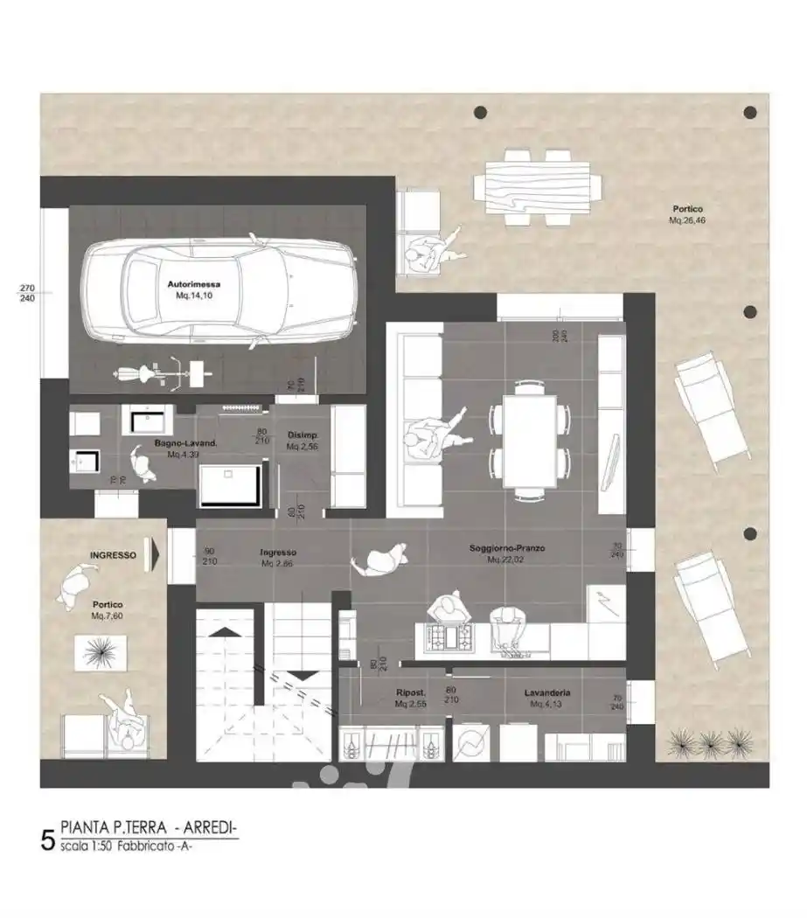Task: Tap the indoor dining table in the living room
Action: [530, 442]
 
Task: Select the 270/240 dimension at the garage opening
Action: [27, 293]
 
